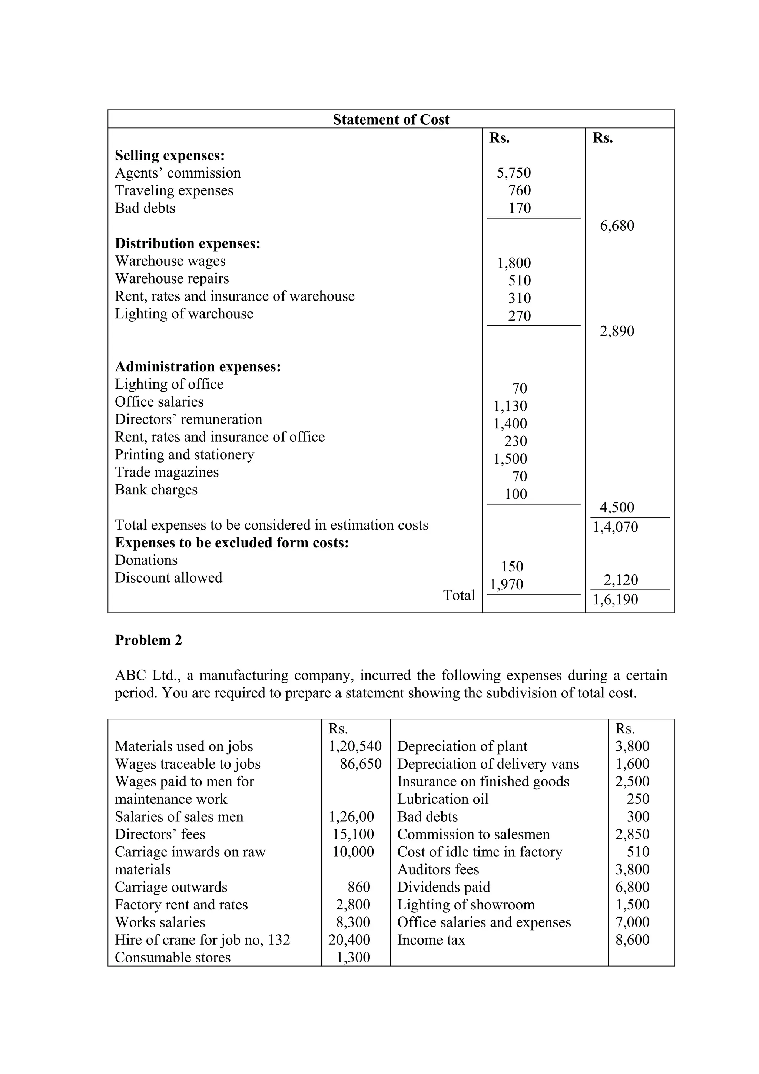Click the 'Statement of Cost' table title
pyautogui.click(x=391, y=120)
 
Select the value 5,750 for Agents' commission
pyautogui.click(x=514, y=173)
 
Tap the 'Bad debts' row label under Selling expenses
pyautogui.click(x=145, y=208)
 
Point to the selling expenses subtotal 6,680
pyautogui.click(x=617, y=226)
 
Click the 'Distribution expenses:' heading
pyautogui.click(x=188, y=244)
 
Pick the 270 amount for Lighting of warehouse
pyautogui.click(x=519, y=316)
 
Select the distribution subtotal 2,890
pyautogui.click(x=617, y=332)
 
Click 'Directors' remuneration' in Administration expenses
pyautogui.click(x=189, y=420)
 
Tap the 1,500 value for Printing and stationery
pyautogui.click(x=510, y=459)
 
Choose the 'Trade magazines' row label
pyautogui.click(x=166, y=473)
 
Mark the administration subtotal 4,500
pyautogui.click(x=617, y=507)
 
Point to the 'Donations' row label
pyautogui.click(x=146, y=560)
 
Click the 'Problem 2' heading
pyautogui.click(x=148, y=640)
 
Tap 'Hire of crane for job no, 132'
pyautogui.click(x=202, y=940)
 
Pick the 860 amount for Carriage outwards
pyautogui.click(x=359, y=887)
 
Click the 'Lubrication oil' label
pyautogui.click(x=443, y=799)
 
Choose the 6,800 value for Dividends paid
pyautogui.click(x=632, y=887)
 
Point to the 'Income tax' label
pyautogui.click(x=431, y=940)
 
